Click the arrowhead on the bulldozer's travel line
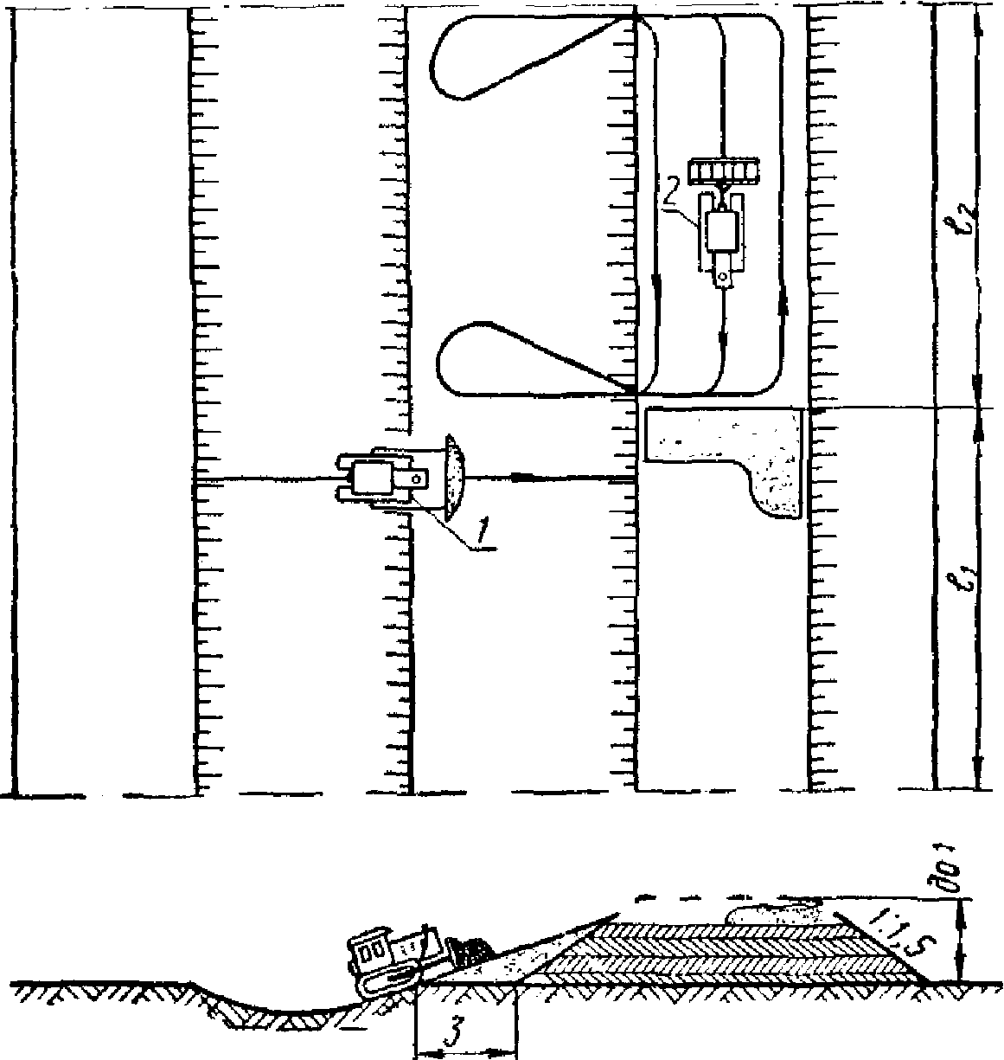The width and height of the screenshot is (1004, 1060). (x=521, y=477)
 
